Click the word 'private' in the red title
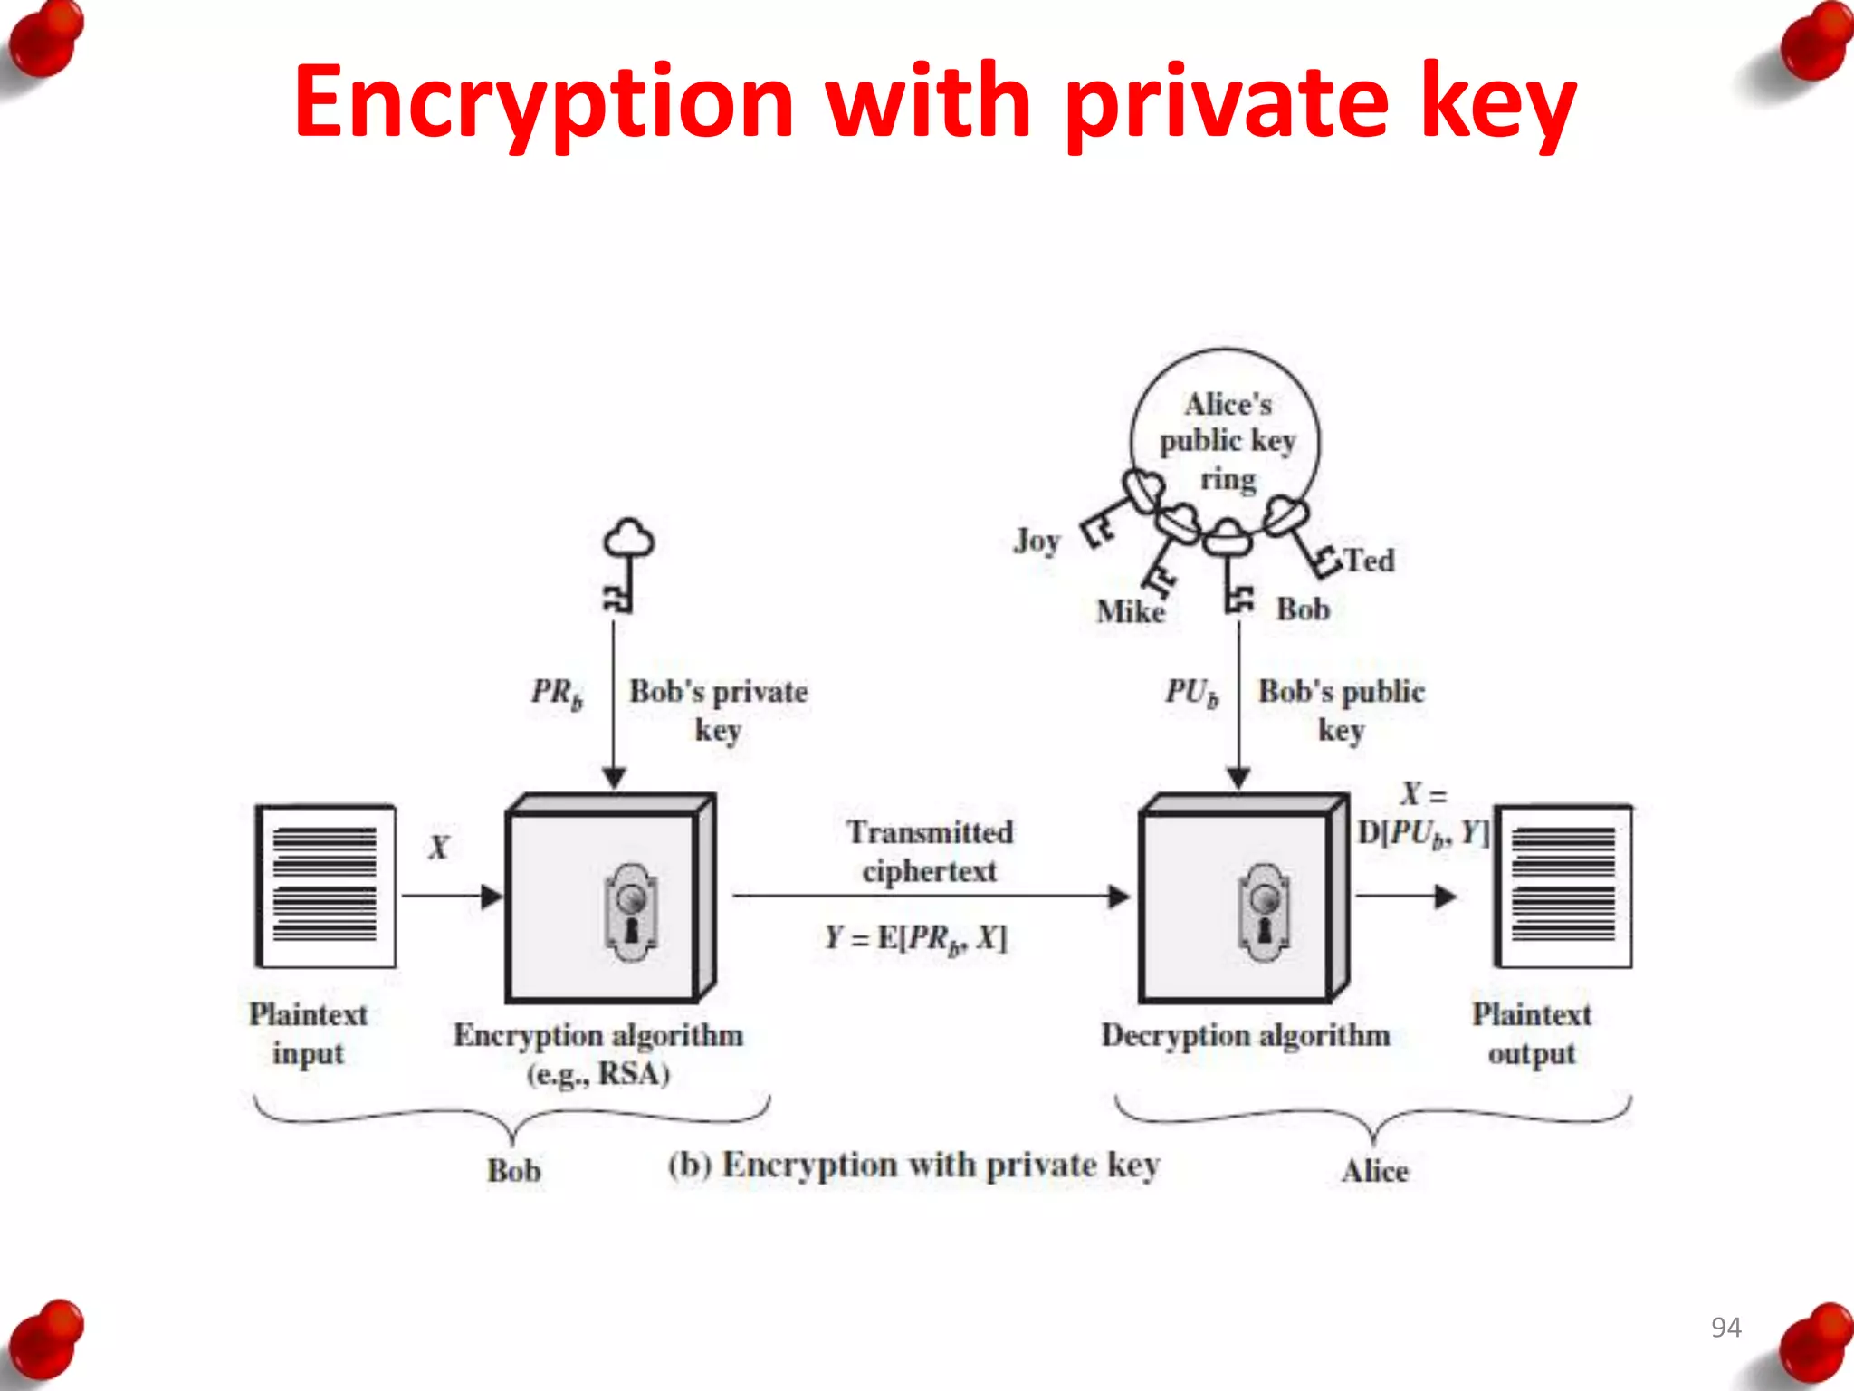click(x=1226, y=101)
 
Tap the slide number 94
click(x=1725, y=1327)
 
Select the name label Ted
click(x=1369, y=561)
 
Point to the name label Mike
click(x=1130, y=612)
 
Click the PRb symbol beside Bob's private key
click(x=557, y=694)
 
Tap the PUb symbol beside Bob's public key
click(x=1191, y=694)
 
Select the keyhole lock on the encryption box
click(x=631, y=912)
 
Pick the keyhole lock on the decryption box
click(x=1264, y=912)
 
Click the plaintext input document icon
click(x=326, y=886)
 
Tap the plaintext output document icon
click(x=1563, y=886)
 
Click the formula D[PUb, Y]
click(x=1422, y=833)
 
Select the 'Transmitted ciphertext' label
click(x=930, y=851)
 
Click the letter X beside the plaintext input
click(x=438, y=848)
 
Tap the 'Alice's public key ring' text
click(x=1228, y=441)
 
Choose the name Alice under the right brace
click(x=1375, y=1171)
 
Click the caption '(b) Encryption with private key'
click(x=913, y=1166)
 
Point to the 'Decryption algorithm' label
click(x=1246, y=1035)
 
